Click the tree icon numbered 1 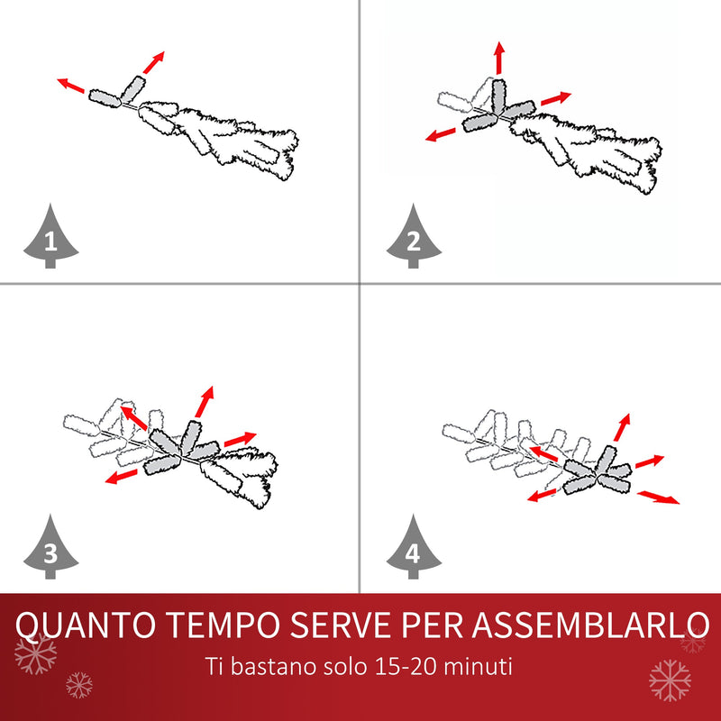click(50, 237)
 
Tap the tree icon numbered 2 click(414, 237)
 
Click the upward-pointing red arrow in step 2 click(498, 58)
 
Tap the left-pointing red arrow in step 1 click(72, 86)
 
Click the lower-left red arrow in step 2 click(441, 135)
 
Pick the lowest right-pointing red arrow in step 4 click(659, 497)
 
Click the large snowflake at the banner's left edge click(36, 653)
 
